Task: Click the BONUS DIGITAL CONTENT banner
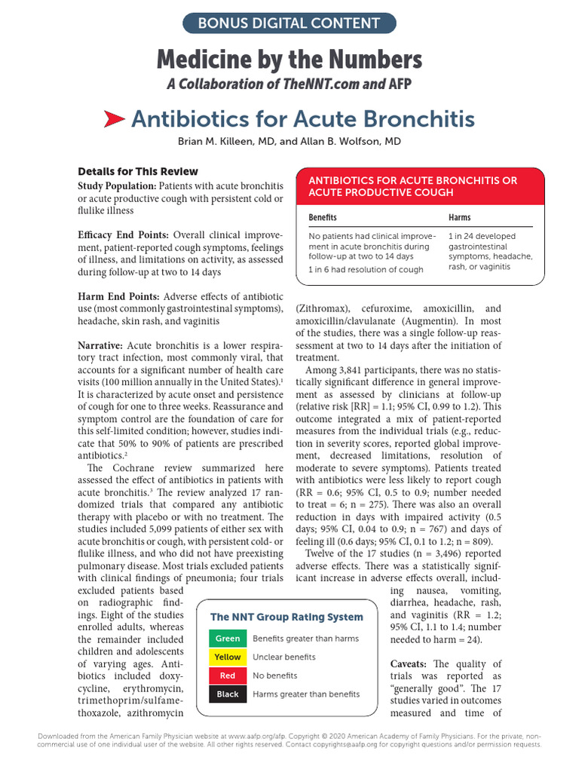pyautogui.click(x=289, y=23)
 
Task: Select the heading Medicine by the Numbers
pyautogui.click(x=289, y=59)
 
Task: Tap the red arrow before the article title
pyautogui.click(x=114, y=118)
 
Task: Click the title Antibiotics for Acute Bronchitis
pyautogui.click(x=302, y=118)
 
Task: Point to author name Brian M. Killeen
pyautogui.click(x=227, y=142)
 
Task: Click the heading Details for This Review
pyautogui.click(x=138, y=171)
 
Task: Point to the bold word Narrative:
pyautogui.click(x=103, y=345)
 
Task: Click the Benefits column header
pyautogui.click(x=323, y=217)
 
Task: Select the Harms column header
pyautogui.click(x=459, y=217)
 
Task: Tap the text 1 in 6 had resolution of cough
pyautogui.click(x=366, y=270)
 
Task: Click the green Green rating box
pyautogui.click(x=227, y=639)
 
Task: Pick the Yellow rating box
pyautogui.click(x=227, y=657)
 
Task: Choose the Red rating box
pyautogui.click(x=227, y=675)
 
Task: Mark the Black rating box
pyautogui.click(x=227, y=694)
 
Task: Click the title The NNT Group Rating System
pyautogui.click(x=286, y=617)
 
